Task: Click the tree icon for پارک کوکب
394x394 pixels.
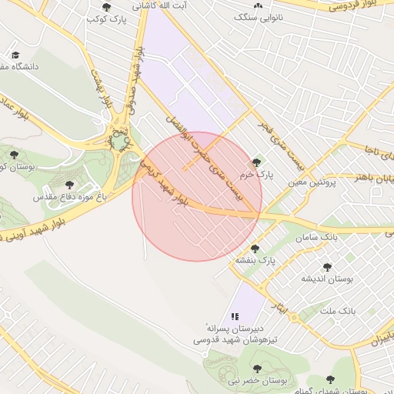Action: [105, 7]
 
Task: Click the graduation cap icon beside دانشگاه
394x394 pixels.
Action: [15, 55]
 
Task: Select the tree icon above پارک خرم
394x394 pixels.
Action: [256, 162]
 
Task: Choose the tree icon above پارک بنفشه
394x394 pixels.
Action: [255, 249]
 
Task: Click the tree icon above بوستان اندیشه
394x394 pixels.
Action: [327, 266]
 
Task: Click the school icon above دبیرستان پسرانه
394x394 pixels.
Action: [235, 316]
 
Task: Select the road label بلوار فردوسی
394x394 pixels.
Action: [353, 5]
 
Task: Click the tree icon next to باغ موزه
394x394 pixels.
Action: [70, 185]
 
